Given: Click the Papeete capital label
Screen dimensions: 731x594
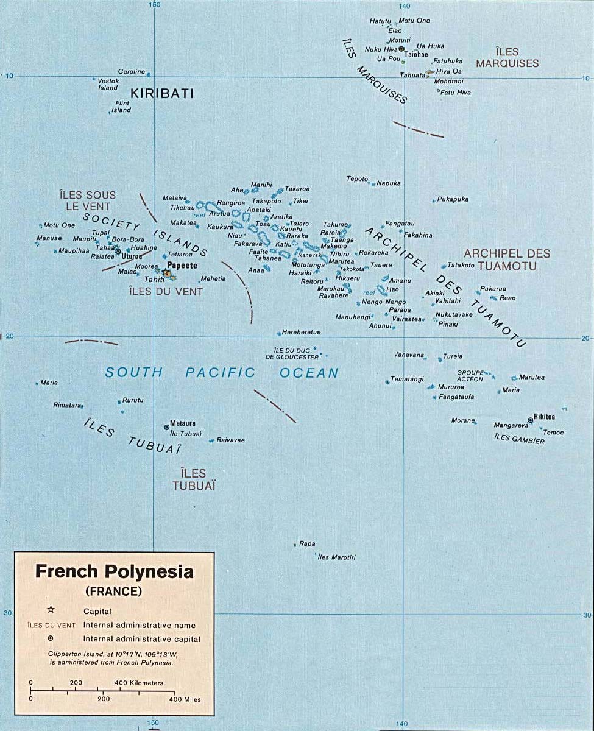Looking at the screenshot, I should [x=182, y=266].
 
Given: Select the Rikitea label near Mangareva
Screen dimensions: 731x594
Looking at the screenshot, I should [x=544, y=417].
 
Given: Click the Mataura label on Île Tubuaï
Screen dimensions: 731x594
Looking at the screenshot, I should [x=183, y=423].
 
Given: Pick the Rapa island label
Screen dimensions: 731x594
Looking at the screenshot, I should [x=307, y=544].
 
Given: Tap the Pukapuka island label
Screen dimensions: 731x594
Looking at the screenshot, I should [x=453, y=199].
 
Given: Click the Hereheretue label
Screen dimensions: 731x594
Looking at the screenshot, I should [x=302, y=333].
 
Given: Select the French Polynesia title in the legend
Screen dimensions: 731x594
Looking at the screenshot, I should [x=114, y=572].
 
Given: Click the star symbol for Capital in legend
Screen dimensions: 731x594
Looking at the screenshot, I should [x=51, y=610].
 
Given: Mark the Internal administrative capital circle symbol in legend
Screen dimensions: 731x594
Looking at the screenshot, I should [x=51, y=639].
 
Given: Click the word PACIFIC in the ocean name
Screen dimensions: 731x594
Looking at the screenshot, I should [x=221, y=373].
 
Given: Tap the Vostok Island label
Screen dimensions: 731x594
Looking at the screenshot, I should [x=108, y=84].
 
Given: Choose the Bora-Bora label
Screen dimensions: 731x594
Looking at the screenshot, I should [x=128, y=239].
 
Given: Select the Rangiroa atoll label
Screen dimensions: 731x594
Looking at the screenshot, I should [x=231, y=202].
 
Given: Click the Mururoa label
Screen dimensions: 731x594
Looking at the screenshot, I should [x=451, y=387].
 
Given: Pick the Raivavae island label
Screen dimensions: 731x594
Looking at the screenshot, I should [x=231, y=440].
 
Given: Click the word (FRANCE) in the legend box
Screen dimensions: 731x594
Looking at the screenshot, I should [x=114, y=591].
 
